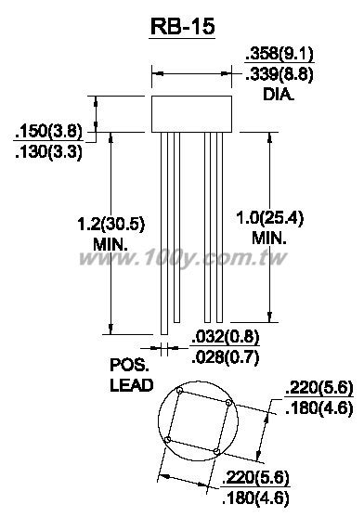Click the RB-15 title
tap(182, 26)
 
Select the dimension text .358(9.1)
tap(279, 54)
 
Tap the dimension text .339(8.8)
tap(279, 74)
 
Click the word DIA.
tap(278, 95)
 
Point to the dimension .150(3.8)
tap(48, 132)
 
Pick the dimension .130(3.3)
tap(48, 152)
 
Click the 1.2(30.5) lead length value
tap(110, 225)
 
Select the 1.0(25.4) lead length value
tap(269, 218)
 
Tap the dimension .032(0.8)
tap(226, 337)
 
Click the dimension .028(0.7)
tap(226, 357)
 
